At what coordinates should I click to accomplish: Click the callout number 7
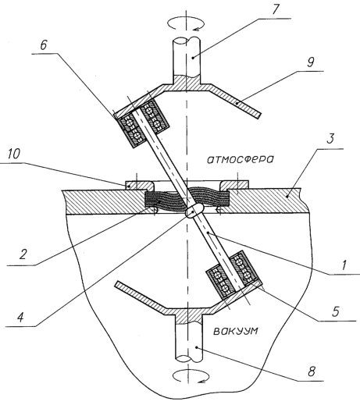point(275,10)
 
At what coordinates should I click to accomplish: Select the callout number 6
point(44,45)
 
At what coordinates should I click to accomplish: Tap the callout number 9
point(310,62)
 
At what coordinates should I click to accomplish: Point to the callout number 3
point(330,139)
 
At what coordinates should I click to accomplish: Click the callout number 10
point(14,154)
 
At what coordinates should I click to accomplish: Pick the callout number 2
point(23,254)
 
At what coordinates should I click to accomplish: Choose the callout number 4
point(21,317)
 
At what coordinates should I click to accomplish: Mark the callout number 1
point(344,265)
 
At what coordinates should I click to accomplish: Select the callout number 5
point(336,311)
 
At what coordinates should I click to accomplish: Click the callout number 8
point(312,371)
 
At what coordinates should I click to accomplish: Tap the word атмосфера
point(241,159)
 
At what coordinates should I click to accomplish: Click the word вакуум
point(236,331)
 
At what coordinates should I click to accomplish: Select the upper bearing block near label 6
point(142,123)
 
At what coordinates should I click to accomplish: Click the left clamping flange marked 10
point(140,185)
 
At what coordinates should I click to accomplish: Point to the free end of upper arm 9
point(259,115)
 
